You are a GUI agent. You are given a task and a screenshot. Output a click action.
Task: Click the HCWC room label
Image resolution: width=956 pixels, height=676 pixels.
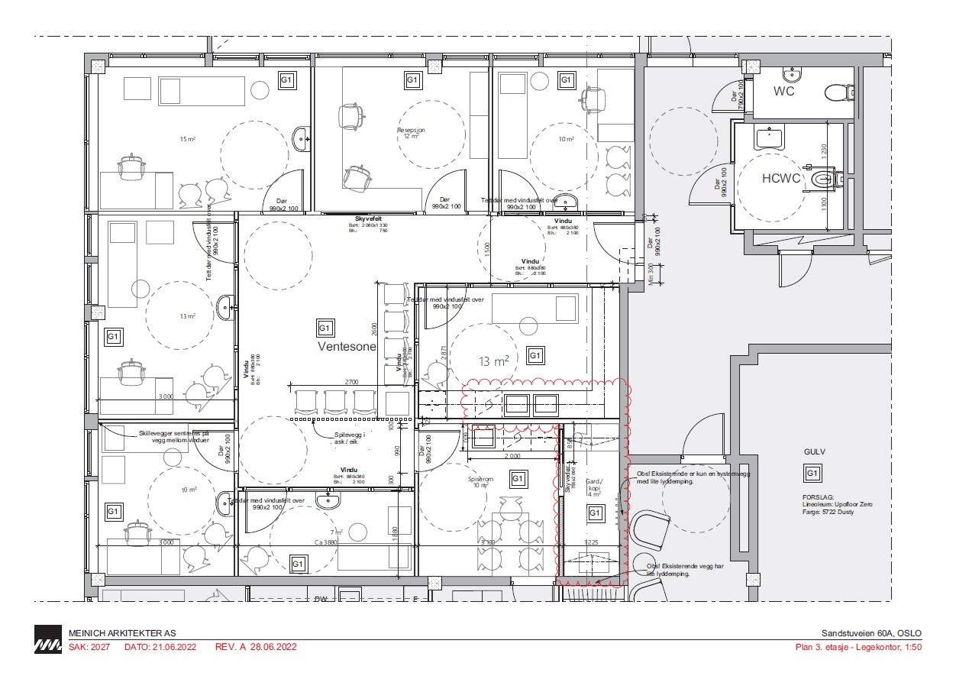(x=780, y=178)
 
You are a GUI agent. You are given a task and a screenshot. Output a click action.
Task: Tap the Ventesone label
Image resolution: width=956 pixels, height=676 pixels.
(x=347, y=347)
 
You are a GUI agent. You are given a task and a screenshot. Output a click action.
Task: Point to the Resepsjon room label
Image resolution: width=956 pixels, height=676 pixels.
(x=411, y=131)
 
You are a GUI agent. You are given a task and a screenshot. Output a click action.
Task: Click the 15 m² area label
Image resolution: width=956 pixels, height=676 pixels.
(x=188, y=139)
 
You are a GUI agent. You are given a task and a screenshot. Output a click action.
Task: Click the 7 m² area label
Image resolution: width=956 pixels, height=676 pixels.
(x=336, y=532)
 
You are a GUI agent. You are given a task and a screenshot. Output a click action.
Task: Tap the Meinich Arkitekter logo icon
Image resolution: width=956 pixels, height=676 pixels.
(x=48, y=639)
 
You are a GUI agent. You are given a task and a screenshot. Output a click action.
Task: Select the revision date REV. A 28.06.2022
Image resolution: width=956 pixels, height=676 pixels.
(x=256, y=647)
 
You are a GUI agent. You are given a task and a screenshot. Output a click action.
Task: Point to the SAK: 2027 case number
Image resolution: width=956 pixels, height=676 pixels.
(x=89, y=647)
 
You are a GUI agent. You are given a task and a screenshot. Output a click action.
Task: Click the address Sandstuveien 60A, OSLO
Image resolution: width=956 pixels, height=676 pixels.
(x=871, y=633)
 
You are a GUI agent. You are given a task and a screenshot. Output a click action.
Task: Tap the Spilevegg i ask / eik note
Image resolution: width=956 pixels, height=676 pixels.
(x=350, y=438)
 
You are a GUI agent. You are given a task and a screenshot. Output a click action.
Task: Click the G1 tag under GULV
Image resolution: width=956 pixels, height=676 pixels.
(x=812, y=474)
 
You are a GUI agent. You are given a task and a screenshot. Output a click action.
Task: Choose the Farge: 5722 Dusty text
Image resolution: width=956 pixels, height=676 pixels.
(x=822, y=512)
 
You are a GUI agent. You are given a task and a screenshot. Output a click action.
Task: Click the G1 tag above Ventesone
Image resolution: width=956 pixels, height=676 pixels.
(x=325, y=328)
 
